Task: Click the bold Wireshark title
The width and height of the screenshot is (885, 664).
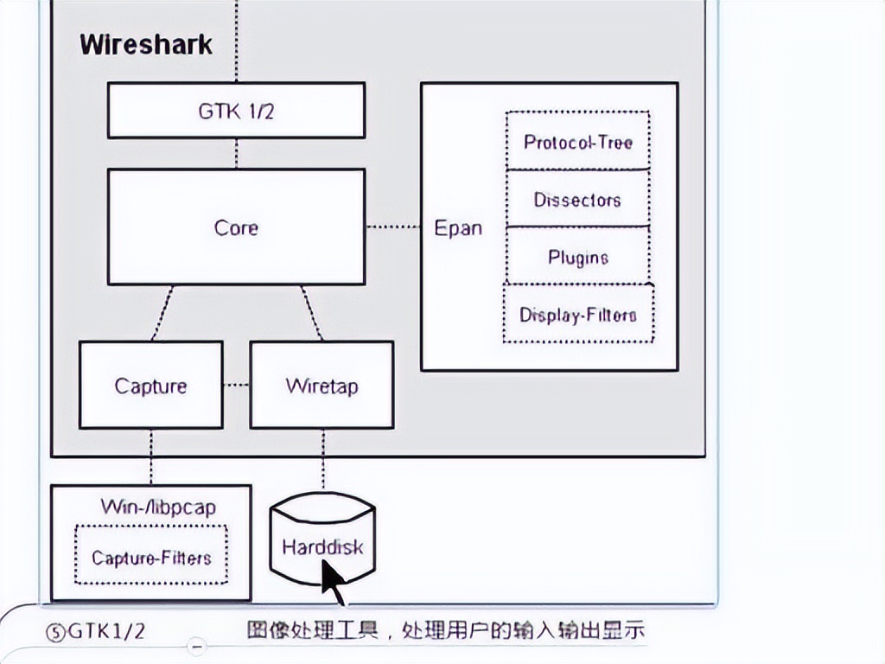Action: click(145, 45)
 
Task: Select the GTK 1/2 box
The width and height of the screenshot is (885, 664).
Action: click(237, 110)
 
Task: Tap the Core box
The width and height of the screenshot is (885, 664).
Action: click(237, 227)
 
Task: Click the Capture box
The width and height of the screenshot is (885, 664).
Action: click(151, 385)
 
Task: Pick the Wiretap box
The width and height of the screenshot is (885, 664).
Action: click(322, 385)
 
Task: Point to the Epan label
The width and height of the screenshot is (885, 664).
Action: click(458, 228)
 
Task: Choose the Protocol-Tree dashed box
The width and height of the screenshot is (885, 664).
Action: click(578, 141)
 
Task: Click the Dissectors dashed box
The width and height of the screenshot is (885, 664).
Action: click(578, 199)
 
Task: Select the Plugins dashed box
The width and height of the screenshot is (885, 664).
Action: click(578, 256)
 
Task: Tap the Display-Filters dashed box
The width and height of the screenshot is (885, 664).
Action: click(578, 313)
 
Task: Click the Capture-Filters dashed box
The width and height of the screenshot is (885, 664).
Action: click(151, 555)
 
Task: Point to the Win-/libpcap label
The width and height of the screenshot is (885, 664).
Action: click(159, 507)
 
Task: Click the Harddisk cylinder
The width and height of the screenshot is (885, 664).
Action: click(323, 539)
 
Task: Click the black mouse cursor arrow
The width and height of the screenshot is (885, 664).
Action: click(333, 583)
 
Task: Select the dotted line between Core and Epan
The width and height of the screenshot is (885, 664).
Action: click(393, 227)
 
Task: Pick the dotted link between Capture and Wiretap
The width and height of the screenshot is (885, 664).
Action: click(237, 385)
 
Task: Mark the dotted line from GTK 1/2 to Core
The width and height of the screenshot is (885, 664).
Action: click(237, 153)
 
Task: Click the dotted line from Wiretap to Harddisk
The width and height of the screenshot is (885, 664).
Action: click(323, 460)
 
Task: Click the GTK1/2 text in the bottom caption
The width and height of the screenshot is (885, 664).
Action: click(106, 631)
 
